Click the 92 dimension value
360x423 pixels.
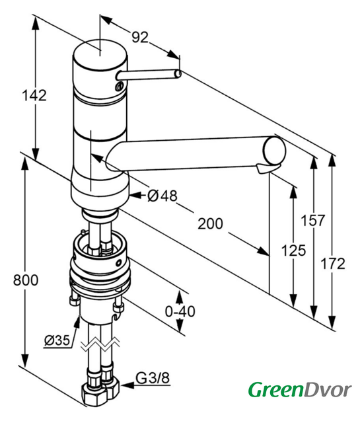pyautogui.click(x=140, y=37)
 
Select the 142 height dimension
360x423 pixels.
pyautogui.click(x=34, y=95)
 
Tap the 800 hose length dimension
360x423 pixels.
pyautogui.click(x=26, y=280)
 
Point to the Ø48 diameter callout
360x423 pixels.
pyautogui.click(x=162, y=196)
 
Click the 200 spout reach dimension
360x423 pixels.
pyautogui.click(x=210, y=223)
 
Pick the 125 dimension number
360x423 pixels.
pyautogui.click(x=293, y=250)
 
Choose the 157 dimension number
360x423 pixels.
pyautogui.click(x=313, y=220)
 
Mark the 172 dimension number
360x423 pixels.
pyautogui.click(x=333, y=264)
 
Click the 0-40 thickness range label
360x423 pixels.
pyautogui.click(x=180, y=311)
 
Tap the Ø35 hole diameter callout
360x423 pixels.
pyautogui.click(x=57, y=340)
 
